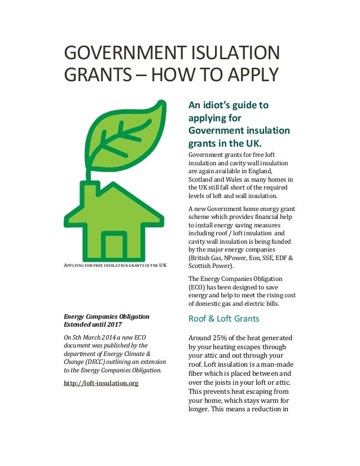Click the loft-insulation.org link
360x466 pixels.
pyautogui.click(x=101, y=383)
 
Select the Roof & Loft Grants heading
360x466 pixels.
pyautogui.click(x=223, y=319)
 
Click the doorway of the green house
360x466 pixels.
pyautogui.click(x=114, y=245)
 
